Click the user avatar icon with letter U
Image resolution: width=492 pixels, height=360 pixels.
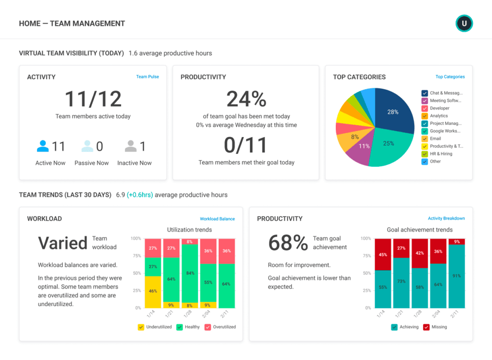tap(464, 24)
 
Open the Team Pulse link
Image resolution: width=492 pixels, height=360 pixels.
tap(148, 77)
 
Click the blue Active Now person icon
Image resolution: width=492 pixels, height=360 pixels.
tap(43, 146)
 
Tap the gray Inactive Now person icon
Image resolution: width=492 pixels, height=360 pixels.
tap(130, 146)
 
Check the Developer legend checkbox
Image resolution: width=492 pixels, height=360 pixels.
tap(425, 109)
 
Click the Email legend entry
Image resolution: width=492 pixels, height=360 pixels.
tap(435, 138)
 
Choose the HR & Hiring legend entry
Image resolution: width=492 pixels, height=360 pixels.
tap(441, 154)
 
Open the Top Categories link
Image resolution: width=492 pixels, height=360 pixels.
tap(450, 77)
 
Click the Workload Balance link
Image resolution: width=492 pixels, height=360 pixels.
tap(217, 219)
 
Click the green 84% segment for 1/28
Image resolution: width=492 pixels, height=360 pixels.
tap(190, 273)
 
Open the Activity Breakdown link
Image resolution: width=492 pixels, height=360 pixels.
tap(446, 219)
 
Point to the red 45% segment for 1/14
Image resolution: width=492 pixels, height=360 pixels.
tap(383, 254)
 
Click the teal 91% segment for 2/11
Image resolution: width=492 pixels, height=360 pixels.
tap(456, 276)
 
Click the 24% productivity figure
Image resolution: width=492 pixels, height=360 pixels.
tap(246, 99)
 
